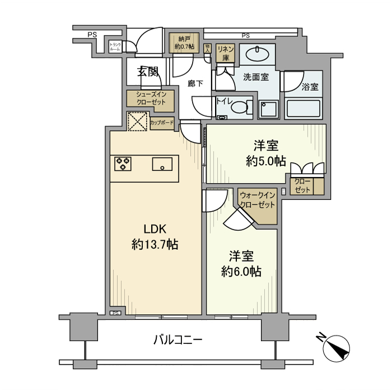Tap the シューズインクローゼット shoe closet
tap(151, 99)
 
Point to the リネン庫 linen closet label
tap(226, 53)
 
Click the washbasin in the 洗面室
tap(258, 54)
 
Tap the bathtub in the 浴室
tap(304, 108)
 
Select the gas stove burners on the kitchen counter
tap(123, 164)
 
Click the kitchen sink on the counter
tap(162, 164)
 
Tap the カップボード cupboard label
tap(162, 122)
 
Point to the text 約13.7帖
tap(155, 244)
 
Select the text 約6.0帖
tap(241, 272)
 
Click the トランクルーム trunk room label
tap(115, 47)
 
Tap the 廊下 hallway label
tap(195, 84)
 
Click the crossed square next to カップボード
tap(137, 122)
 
